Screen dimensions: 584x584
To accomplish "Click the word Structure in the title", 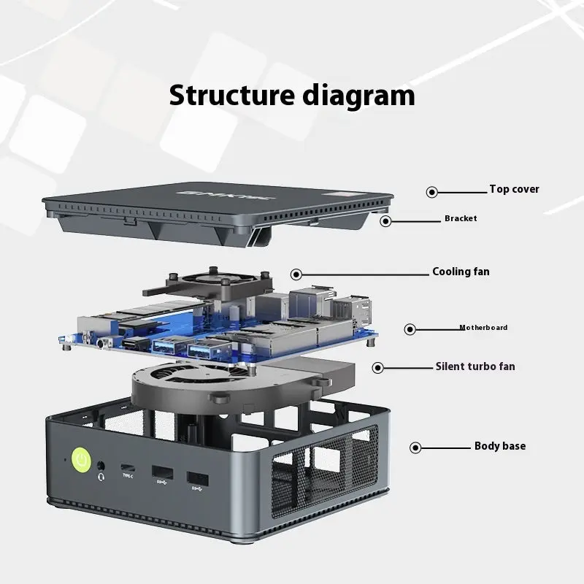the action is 232,96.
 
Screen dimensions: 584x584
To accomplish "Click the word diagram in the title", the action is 358,97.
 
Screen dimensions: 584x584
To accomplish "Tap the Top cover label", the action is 515,189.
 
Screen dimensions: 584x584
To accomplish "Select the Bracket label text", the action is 461,218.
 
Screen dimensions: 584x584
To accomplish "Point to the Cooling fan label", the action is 461,272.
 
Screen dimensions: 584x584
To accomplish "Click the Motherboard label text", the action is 483,327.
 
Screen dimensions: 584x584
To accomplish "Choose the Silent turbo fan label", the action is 475,366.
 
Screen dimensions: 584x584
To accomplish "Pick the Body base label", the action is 500,446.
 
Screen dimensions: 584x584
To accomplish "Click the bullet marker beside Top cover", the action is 432,192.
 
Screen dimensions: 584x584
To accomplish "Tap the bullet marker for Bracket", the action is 385,221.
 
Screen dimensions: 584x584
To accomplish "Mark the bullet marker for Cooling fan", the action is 296,275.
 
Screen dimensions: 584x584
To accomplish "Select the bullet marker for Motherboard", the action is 410,329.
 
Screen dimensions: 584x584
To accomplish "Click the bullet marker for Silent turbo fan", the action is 377,368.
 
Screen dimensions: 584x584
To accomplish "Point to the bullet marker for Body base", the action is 415,447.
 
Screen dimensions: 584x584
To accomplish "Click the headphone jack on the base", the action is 101,466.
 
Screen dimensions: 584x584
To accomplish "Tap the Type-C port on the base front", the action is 128,467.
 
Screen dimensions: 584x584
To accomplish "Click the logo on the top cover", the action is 226,195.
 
